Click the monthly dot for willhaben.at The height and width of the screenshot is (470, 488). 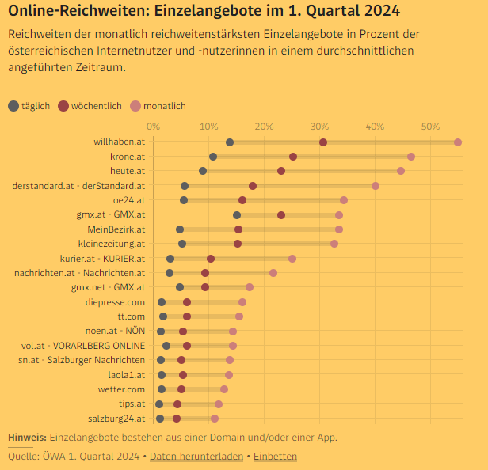[x=458, y=142]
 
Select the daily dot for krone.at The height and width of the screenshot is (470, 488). [x=213, y=157]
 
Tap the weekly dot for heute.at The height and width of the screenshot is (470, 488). [x=281, y=171]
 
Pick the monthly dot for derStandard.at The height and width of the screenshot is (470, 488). [x=376, y=186]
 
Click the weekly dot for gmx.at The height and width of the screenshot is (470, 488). [x=281, y=215]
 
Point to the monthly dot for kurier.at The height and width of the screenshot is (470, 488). [x=292, y=259]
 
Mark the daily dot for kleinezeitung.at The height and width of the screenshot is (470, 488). [x=182, y=244]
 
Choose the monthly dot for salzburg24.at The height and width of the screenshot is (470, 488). [x=215, y=419]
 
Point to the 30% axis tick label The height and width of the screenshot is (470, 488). [x=319, y=127]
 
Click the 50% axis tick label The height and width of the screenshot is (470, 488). [x=430, y=127]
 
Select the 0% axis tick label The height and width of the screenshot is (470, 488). [x=154, y=127]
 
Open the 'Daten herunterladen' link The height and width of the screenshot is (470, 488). [x=196, y=457]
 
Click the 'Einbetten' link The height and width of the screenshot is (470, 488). [x=275, y=457]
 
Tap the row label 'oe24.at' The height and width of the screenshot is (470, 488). [x=129, y=200]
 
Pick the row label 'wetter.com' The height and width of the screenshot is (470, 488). [x=121, y=389]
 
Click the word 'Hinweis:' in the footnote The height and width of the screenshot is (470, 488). [x=27, y=438]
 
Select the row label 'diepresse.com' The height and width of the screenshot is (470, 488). [x=115, y=302]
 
